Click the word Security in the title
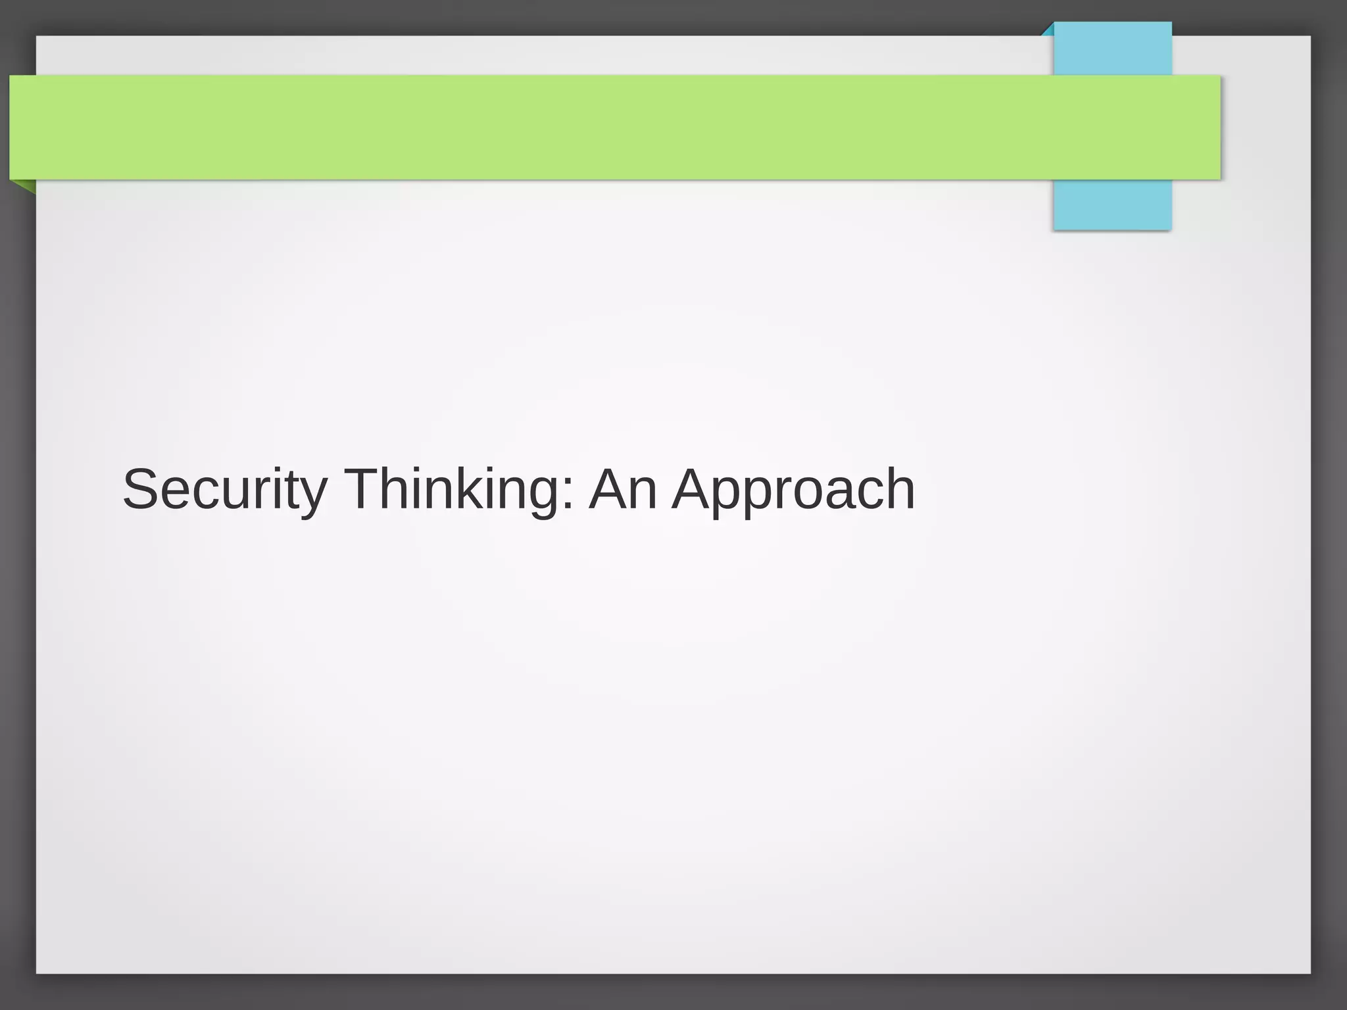click(x=224, y=489)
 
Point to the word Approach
click(x=793, y=491)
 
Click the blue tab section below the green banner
click(x=1112, y=204)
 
